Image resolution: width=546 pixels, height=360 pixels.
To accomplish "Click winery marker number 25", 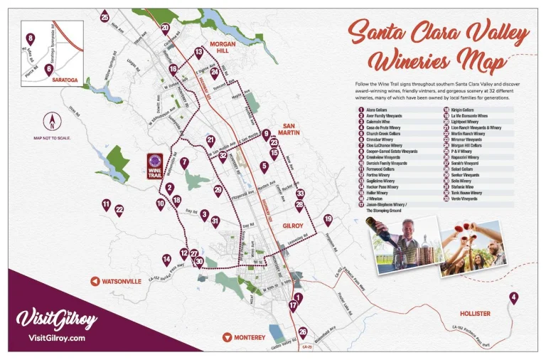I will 105,17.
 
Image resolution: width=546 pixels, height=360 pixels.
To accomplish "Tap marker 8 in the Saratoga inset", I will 30,38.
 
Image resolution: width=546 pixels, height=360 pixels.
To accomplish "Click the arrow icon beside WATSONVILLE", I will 94,281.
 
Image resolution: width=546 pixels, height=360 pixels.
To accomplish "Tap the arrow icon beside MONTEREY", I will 226,337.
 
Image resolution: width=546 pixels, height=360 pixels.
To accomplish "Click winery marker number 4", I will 513,297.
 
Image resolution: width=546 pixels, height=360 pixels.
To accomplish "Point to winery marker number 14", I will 166,260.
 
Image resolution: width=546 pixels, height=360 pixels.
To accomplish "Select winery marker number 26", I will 303,332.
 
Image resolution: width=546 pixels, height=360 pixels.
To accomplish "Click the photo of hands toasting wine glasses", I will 473,247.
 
